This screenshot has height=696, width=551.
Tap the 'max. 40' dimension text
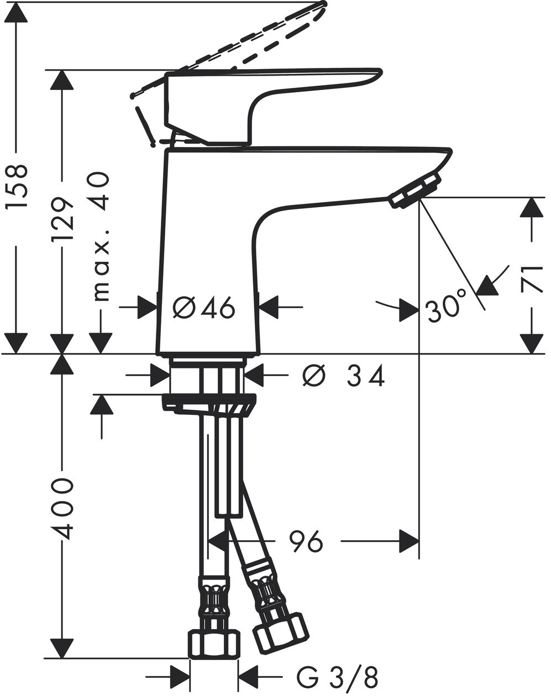102,236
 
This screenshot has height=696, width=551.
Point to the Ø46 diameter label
204,308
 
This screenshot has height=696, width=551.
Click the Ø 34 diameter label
344,376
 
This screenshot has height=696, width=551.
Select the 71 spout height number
532,280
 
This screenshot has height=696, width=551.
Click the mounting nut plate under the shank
209,404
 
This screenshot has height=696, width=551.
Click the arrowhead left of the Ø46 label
148,307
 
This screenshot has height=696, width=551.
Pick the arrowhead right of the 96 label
410,541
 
